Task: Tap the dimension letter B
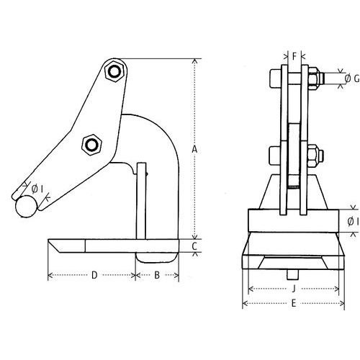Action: click(157, 275)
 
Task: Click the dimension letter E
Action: click(293, 303)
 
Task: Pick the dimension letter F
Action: click(294, 55)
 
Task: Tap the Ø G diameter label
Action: click(351, 78)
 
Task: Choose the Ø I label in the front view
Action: click(351, 221)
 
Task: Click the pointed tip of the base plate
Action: click(52, 246)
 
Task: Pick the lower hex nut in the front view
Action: click(313, 156)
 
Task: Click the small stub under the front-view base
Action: click(293, 274)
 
